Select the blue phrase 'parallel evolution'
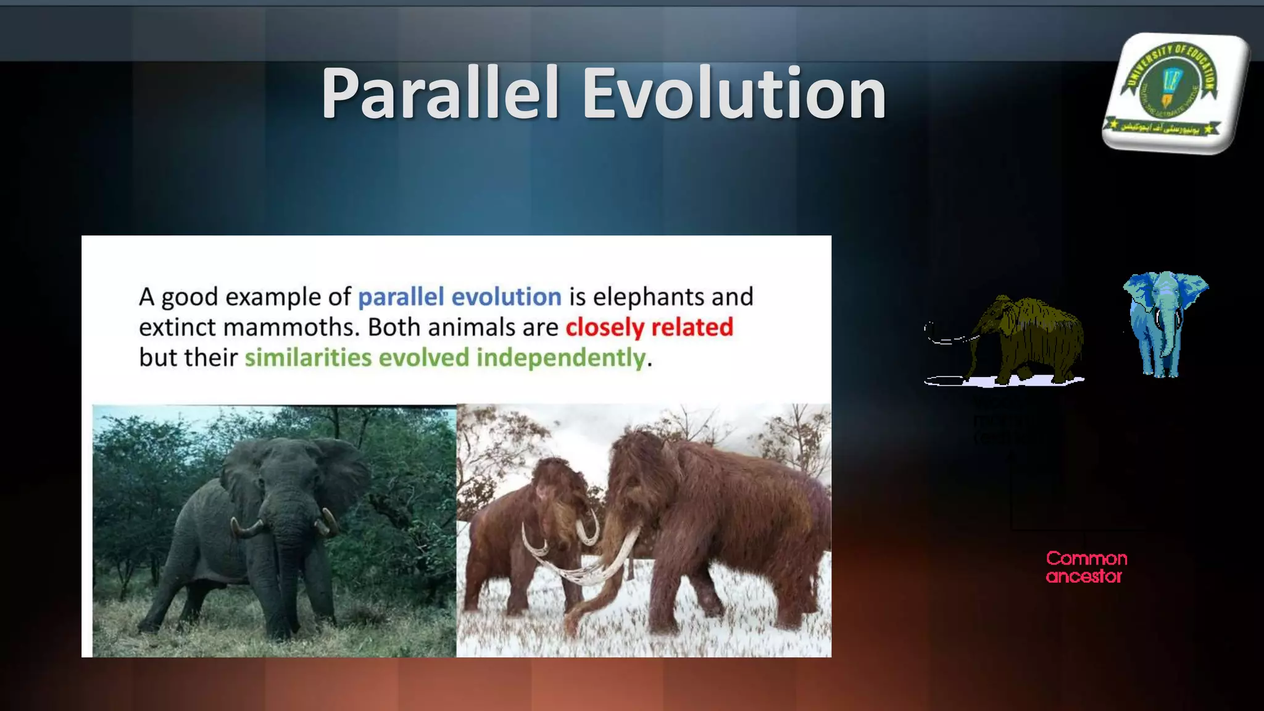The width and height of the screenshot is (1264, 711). click(x=459, y=297)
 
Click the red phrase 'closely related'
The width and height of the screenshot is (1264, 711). click(x=649, y=327)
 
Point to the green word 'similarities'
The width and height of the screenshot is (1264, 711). click(x=308, y=358)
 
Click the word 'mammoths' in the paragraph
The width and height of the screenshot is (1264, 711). click(x=291, y=327)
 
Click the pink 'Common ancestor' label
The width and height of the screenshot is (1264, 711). click(x=1086, y=567)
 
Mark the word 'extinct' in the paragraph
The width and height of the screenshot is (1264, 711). click(x=178, y=327)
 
